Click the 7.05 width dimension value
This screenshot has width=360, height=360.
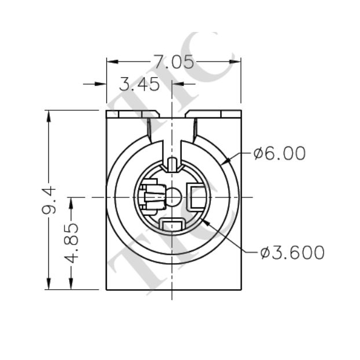pyautogui.click(x=173, y=62)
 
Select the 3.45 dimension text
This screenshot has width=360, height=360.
pyautogui.click(x=139, y=85)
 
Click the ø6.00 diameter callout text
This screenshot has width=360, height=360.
pyautogui.click(x=279, y=154)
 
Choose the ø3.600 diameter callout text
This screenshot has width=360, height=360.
pyautogui.click(x=292, y=253)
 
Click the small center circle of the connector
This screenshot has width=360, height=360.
pyautogui.click(x=172, y=197)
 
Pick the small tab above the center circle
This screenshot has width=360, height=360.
pyautogui.click(x=172, y=164)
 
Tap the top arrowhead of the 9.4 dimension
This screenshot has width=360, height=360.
pyautogui.click(x=48, y=115)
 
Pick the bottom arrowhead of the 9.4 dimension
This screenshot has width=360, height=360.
pyautogui.click(x=48, y=284)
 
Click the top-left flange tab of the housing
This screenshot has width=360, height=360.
pyautogui.click(x=128, y=114)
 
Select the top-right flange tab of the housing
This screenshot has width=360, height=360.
pyautogui.click(x=215, y=114)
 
